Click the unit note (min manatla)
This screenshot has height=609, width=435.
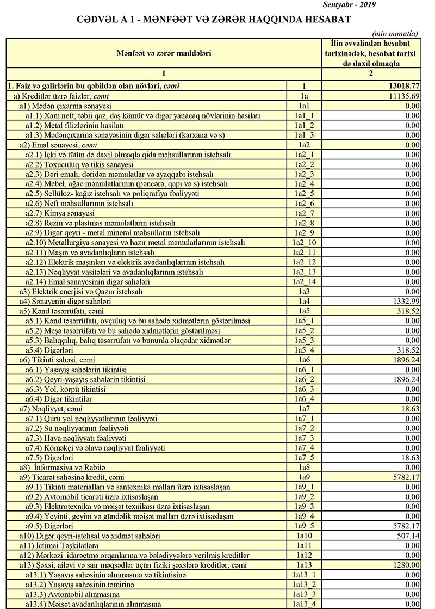click(396, 33)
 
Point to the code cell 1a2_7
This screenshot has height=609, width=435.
click(304, 214)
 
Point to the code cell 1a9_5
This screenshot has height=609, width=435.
click(304, 526)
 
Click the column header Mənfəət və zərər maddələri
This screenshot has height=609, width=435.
click(164, 53)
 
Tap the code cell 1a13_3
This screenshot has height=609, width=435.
click(304, 595)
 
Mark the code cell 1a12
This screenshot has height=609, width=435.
click(304, 556)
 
